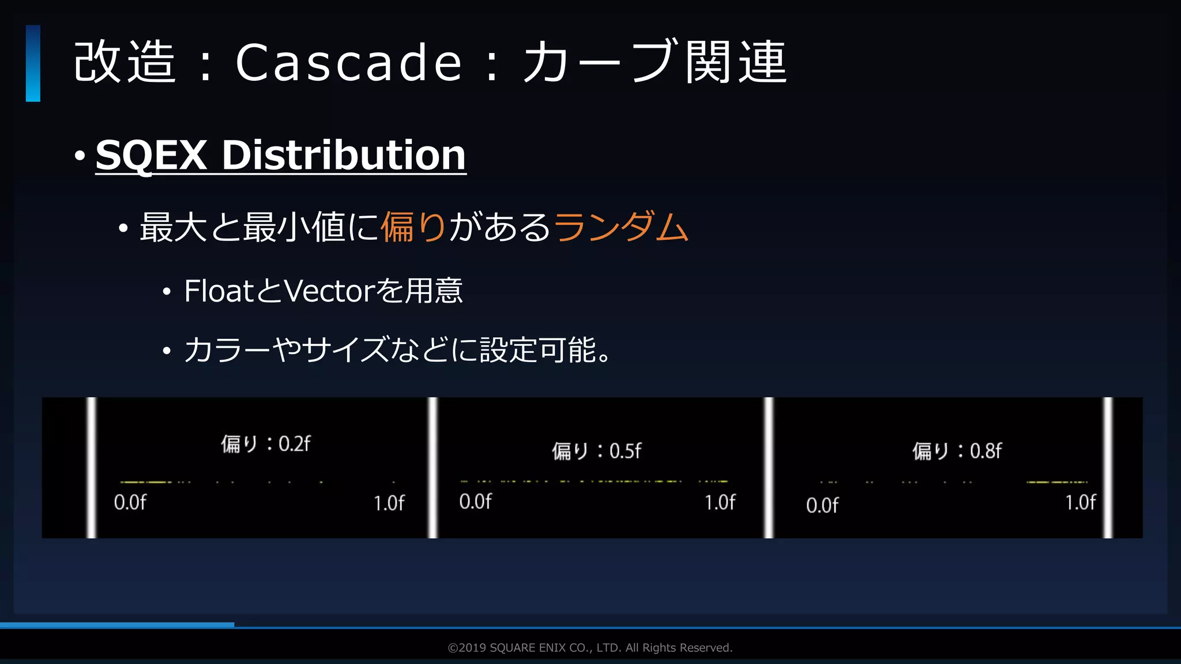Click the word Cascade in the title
[348, 62]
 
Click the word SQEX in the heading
[151, 155]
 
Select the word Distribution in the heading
[344, 155]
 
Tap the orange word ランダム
[621, 227]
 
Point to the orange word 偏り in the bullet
[413, 227]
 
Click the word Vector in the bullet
[330, 291]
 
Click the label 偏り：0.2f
[265, 444]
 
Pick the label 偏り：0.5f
[596, 451]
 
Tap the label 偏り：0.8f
[957, 451]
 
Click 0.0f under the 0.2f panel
[130, 503]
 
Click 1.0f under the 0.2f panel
[389, 503]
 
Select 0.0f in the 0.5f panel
[475, 501]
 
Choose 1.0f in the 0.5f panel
[720, 503]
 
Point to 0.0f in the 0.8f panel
[822, 505]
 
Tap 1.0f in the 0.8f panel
[1080, 503]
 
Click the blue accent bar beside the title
[33, 63]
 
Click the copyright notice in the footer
[590, 648]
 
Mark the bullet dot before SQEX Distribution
[80, 156]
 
